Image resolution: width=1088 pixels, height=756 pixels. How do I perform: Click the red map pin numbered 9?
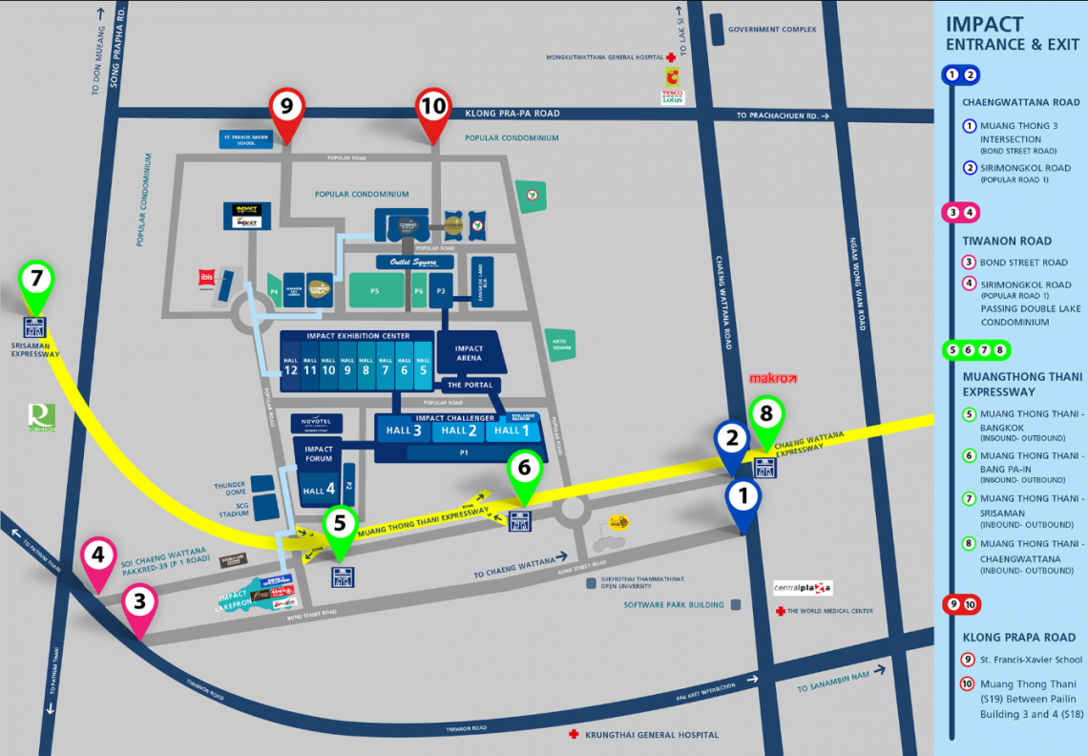[x=286, y=106]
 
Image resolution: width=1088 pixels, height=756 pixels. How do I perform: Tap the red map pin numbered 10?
[x=433, y=106]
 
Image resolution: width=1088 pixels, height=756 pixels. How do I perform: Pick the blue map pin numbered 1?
[x=743, y=495]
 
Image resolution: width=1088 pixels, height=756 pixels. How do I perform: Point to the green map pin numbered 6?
[x=524, y=469]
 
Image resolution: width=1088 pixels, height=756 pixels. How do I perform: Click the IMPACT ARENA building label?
[x=469, y=354]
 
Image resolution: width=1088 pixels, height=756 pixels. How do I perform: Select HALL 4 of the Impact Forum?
[x=319, y=491]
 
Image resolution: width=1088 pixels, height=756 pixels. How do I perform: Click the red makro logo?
[x=772, y=379]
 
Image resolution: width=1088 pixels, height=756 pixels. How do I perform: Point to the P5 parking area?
[x=374, y=291]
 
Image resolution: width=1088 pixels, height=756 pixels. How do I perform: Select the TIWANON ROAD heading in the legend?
[x=1007, y=241]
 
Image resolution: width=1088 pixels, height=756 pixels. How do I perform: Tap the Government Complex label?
[x=772, y=30]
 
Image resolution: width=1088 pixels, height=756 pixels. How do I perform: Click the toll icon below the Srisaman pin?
[x=35, y=326]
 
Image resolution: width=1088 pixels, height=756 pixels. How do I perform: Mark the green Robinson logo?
[x=42, y=416]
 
